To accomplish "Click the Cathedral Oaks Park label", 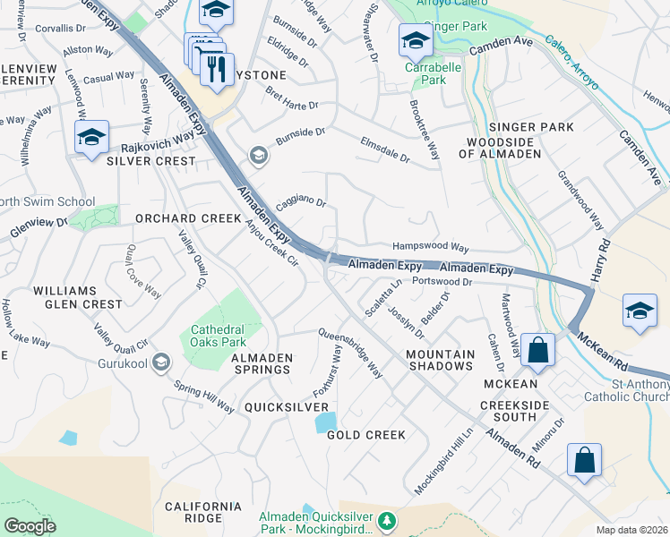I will pos(219,336).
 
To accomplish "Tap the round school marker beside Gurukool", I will pos(160,362).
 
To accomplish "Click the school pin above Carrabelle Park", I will pos(416,40).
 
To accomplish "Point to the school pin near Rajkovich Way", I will pos(91,138).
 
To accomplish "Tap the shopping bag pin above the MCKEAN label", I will pos(538,350).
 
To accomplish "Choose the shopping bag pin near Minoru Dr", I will pos(584,461).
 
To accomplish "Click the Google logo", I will pos(30,526).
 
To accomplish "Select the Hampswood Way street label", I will pos(431,247).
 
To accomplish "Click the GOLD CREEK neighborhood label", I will pos(366,435).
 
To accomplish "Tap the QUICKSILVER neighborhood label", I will pos(287,406).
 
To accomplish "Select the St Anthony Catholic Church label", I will pos(626,391).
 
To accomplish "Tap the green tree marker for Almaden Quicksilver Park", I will pos(386,520).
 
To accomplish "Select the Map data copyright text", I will pos(631,529).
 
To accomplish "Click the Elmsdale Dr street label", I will pos(384,149).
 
